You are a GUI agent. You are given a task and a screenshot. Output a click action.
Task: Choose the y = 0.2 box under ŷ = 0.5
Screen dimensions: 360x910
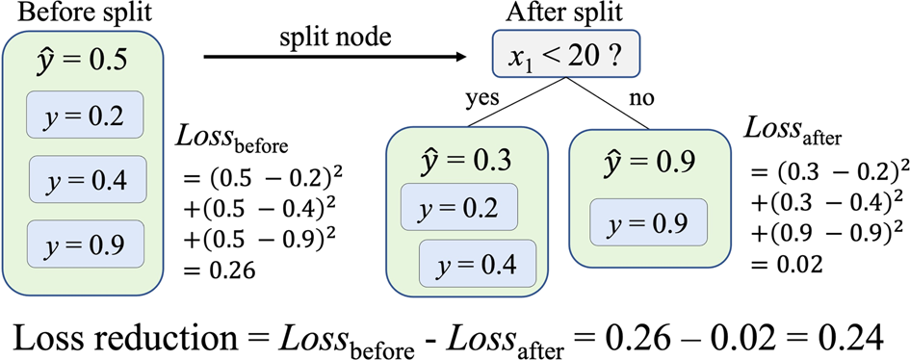click(x=85, y=116)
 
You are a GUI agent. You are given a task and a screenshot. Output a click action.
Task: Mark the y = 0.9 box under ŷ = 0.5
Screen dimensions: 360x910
click(x=86, y=244)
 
